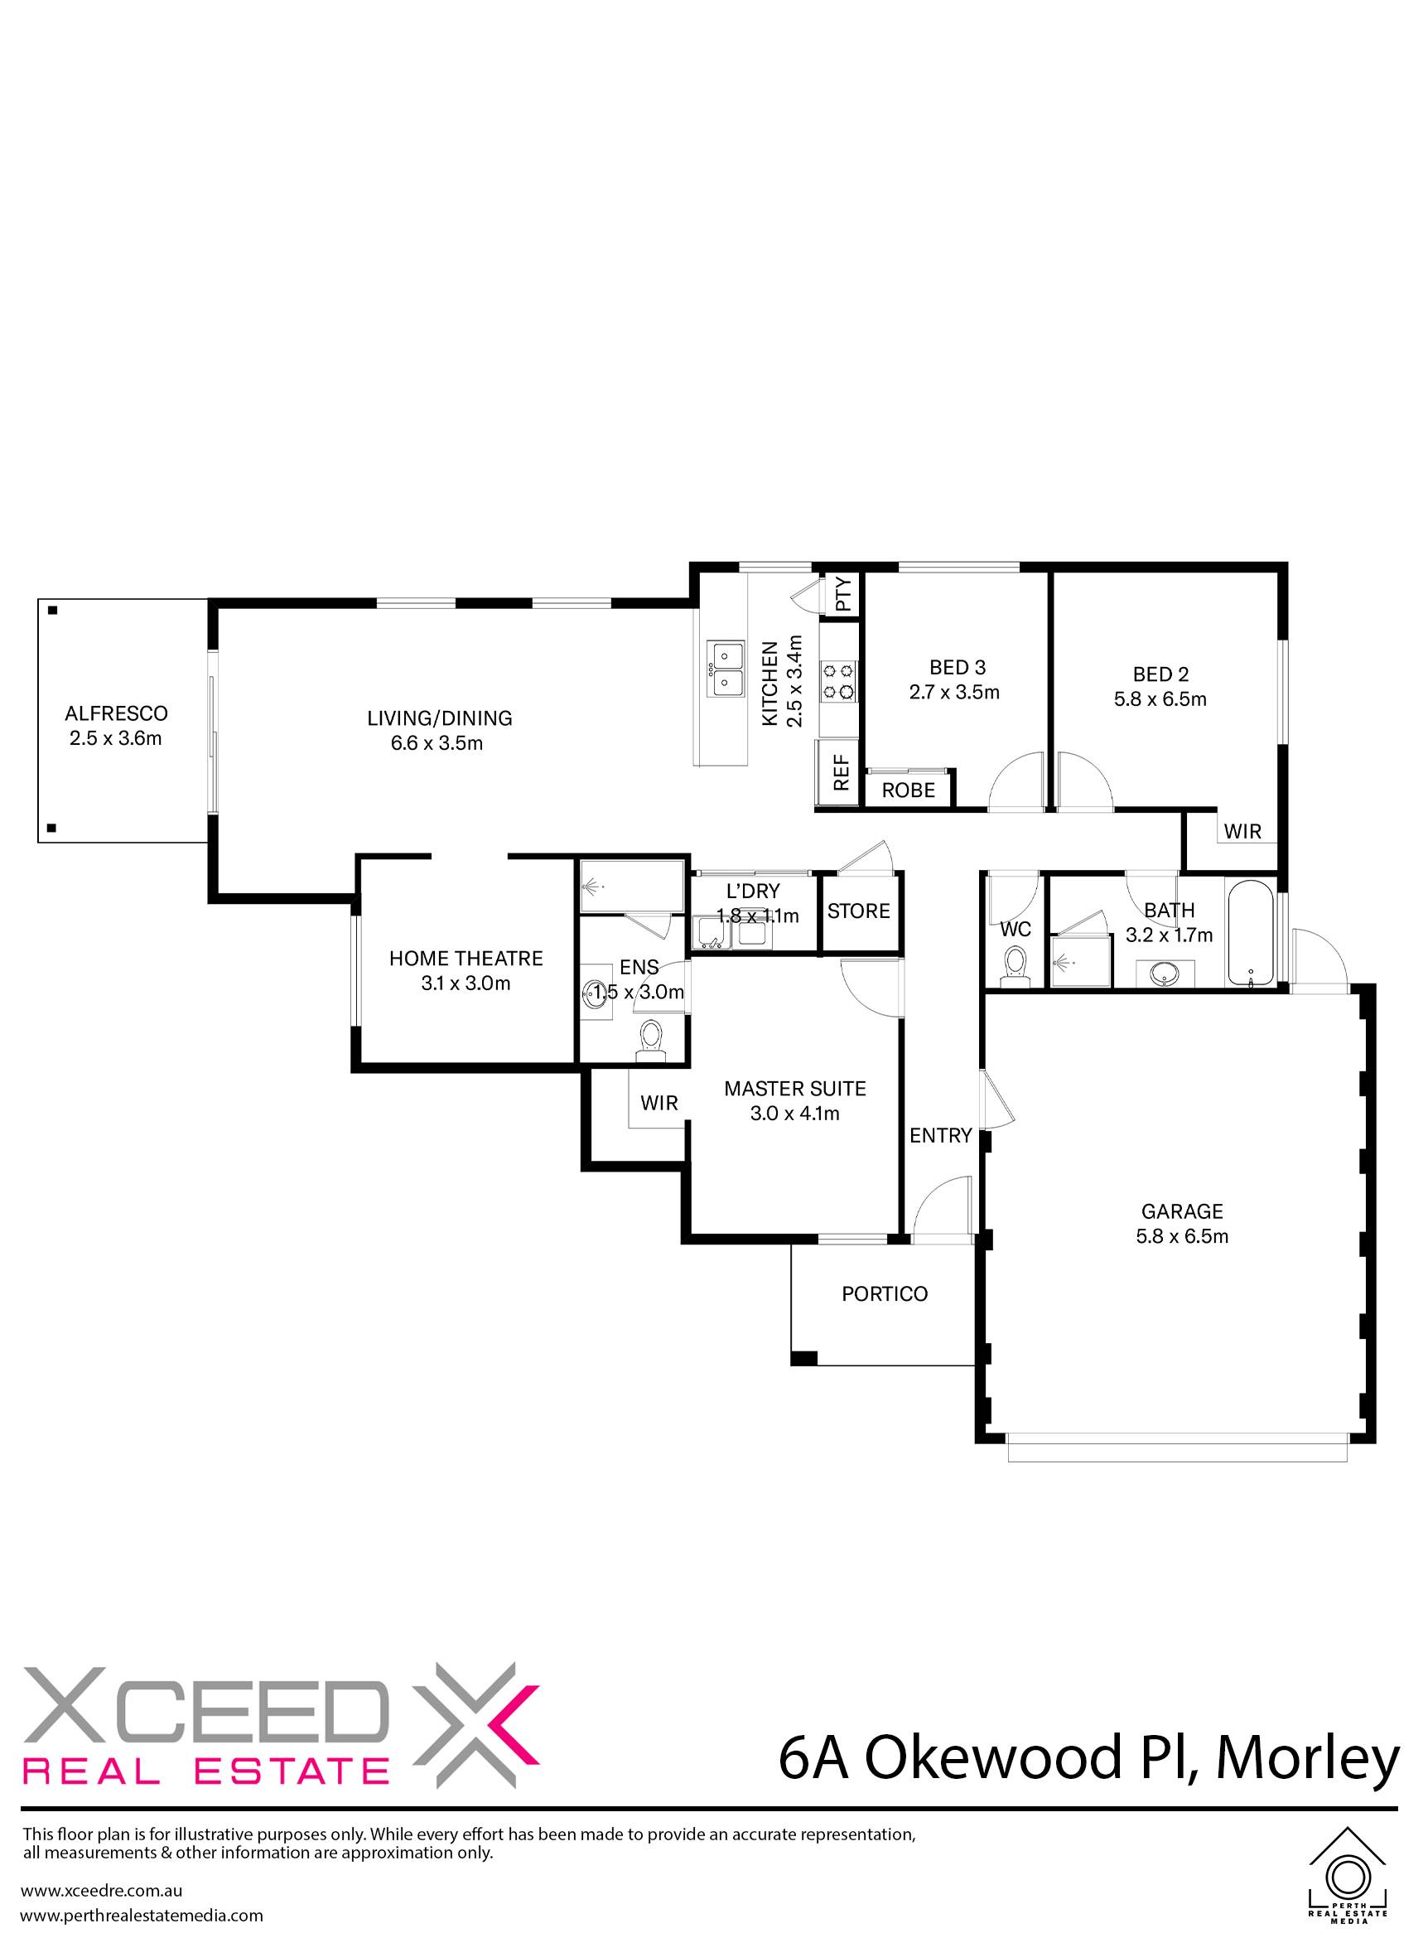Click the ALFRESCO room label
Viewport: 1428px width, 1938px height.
pyautogui.click(x=117, y=713)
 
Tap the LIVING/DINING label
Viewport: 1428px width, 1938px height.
pyautogui.click(x=439, y=718)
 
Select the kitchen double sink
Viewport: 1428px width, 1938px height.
pyautogui.click(x=725, y=669)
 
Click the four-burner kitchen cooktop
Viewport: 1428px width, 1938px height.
pyautogui.click(x=839, y=679)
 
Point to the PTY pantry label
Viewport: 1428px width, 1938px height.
pyautogui.click(x=844, y=594)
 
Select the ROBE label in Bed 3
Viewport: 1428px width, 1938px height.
pyautogui.click(x=909, y=790)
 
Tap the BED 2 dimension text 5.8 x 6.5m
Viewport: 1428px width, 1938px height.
pyautogui.click(x=1160, y=698)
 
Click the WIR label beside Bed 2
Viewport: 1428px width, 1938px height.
pyautogui.click(x=1243, y=832)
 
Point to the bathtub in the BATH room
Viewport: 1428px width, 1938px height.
pyautogui.click(x=1250, y=933)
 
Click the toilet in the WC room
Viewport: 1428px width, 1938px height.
pyautogui.click(x=1015, y=964)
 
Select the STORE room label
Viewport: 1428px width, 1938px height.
pyautogui.click(x=858, y=911)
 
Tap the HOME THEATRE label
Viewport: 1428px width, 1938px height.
pyautogui.click(x=466, y=958)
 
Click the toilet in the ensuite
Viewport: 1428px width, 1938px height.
pyautogui.click(x=650, y=1040)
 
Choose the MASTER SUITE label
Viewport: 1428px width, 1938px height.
pyautogui.click(x=794, y=1089)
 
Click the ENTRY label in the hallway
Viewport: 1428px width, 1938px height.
pyautogui.click(x=940, y=1135)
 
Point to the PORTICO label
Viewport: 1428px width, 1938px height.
pyautogui.click(x=885, y=1293)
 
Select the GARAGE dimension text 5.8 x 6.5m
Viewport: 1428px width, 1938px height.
pyautogui.click(x=1182, y=1237)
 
